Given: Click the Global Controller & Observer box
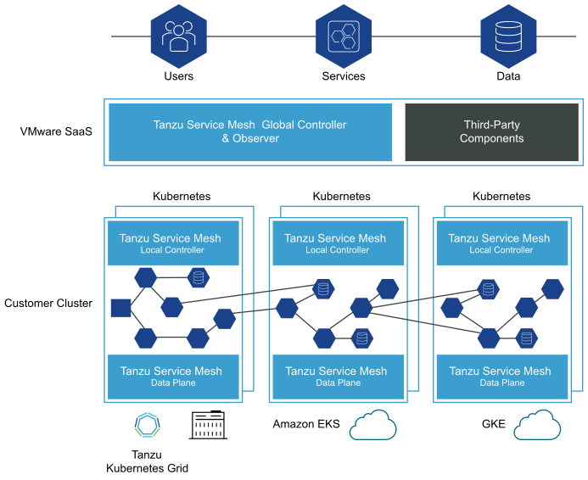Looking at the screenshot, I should [250, 131].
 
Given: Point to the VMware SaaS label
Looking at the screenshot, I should [56, 132].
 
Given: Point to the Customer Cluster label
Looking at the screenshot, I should [48, 303].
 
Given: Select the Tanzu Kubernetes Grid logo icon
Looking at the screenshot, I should [148, 424].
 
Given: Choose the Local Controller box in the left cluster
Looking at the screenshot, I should [172, 243].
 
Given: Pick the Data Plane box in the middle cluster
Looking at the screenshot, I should [337, 377].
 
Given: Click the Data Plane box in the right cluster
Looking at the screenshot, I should [501, 377].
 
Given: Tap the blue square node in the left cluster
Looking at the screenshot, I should [120, 308].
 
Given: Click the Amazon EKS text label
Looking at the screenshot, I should [306, 424].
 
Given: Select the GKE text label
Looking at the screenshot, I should [493, 424].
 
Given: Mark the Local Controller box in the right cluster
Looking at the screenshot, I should [501, 243].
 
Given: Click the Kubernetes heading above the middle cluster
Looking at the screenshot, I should [341, 197].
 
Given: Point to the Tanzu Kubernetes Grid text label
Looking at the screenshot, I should [148, 460].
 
